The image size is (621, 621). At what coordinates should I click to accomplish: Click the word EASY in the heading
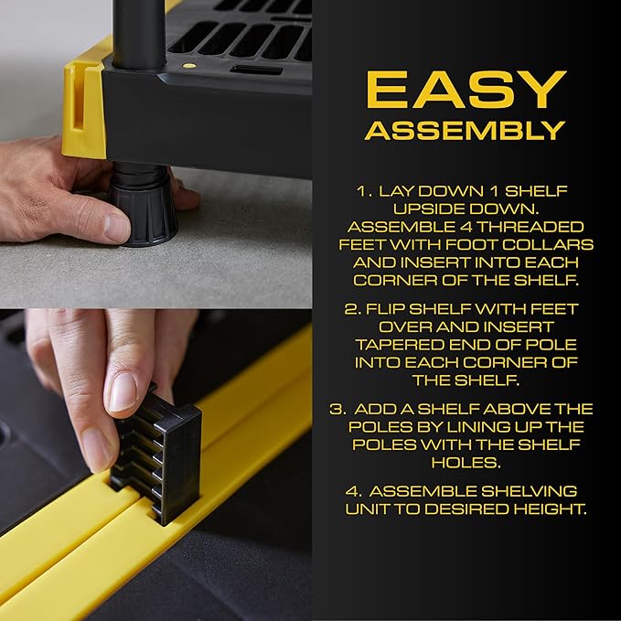pyautogui.click(x=465, y=89)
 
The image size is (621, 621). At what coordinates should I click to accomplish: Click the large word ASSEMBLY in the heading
pyautogui.click(x=465, y=130)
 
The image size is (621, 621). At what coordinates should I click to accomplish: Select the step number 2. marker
pyautogui.click(x=352, y=309)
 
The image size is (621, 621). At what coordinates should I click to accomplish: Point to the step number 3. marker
pyautogui.click(x=337, y=409)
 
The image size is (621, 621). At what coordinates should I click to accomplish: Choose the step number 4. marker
pyautogui.click(x=352, y=490)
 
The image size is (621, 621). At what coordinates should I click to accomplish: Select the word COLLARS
pyautogui.click(x=558, y=245)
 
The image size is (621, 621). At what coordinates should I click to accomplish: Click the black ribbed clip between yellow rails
pyautogui.click(x=158, y=454)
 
